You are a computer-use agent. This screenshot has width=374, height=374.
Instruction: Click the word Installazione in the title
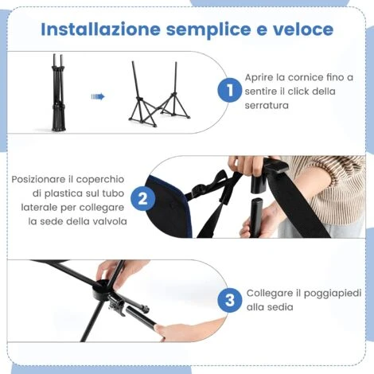[x=88, y=29]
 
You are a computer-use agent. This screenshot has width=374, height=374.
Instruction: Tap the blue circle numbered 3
[x=229, y=300]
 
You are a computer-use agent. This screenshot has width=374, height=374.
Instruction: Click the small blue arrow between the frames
[x=97, y=96]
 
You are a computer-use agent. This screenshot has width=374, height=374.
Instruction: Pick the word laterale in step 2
[x=33, y=207]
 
